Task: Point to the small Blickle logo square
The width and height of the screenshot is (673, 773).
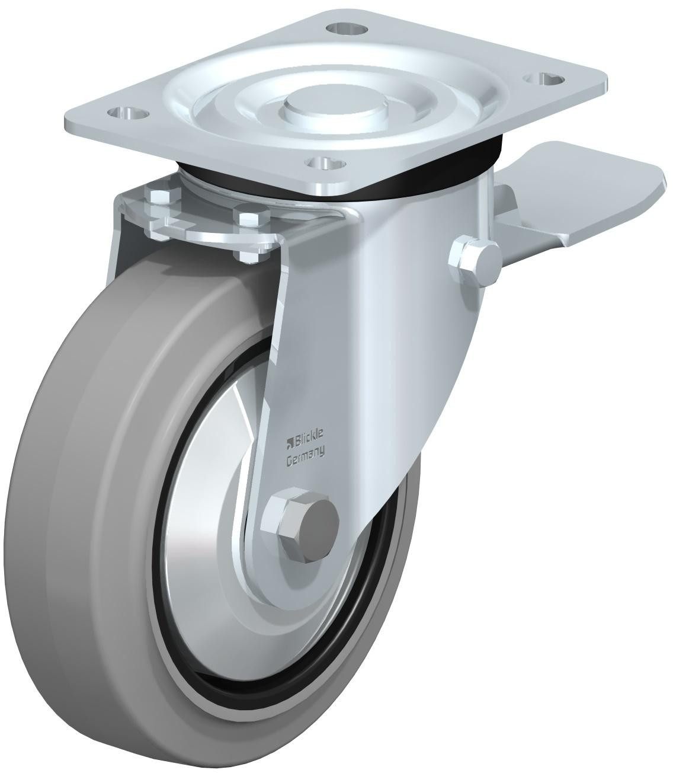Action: tap(290, 440)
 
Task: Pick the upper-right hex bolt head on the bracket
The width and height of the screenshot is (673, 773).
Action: tap(247, 216)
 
